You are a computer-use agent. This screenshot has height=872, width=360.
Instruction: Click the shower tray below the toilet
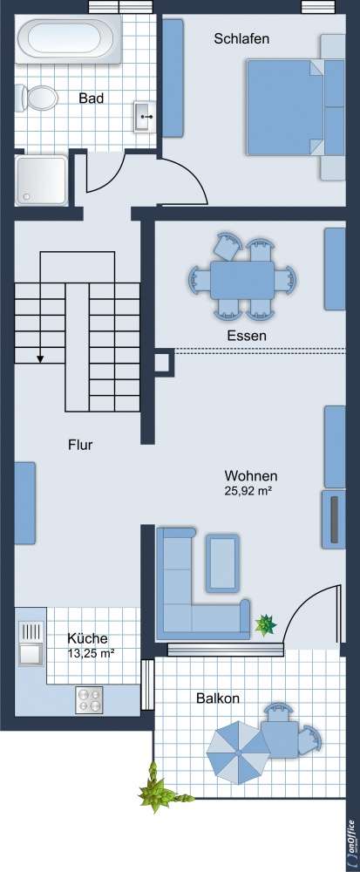(x=41, y=180)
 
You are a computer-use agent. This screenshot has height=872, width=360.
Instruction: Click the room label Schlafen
(x=241, y=39)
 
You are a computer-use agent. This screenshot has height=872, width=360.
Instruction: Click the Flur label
(x=80, y=445)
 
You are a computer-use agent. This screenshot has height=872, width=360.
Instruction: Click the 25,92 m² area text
(x=250, y=492)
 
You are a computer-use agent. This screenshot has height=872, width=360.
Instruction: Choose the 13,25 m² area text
(x=92, y=652)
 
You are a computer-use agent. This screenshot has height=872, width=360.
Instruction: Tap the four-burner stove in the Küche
(x=89, y=699)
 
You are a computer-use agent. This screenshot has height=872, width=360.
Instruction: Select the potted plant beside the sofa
(x=263, y=624)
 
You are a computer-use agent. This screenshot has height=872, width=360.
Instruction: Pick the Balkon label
(x=218, y=698)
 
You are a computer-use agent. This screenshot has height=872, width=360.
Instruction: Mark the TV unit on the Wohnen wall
(x=333, y=519)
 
